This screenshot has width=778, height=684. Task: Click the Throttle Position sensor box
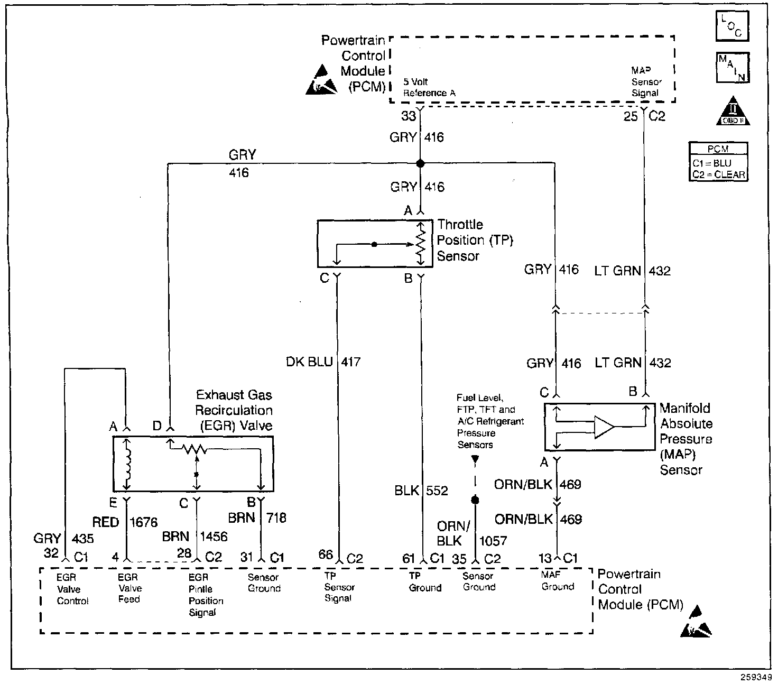click(x=374, y=244)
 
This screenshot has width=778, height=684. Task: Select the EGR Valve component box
click(x=193, y=464)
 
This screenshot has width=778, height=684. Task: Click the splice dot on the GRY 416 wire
click(x=421, y=163)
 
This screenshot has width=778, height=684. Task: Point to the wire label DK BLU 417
click(x=323, y=362)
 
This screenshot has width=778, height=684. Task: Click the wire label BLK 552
click(x=421, y=491)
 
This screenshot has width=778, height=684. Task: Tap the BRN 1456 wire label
click(x=195, y=537)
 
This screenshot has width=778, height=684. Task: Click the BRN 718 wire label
click(x=257, y=517)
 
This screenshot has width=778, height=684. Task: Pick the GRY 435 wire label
click(x=63, y=538)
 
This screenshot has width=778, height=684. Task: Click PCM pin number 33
click(x=408, y=116)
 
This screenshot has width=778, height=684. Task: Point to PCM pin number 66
click(x=326, y=554)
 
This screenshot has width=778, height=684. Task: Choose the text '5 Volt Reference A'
click(x=429, y=87)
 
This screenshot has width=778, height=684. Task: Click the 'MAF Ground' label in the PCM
click(x=557, y=580)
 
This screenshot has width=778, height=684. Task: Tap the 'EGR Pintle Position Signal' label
click(x=206, y=595)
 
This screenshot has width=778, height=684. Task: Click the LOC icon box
click(x=732, y=25)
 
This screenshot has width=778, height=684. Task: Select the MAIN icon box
click(x=732, y=68)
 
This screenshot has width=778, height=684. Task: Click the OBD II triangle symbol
click(x=733, y=112)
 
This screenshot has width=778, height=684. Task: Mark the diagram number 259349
click(x=759, y=677)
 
